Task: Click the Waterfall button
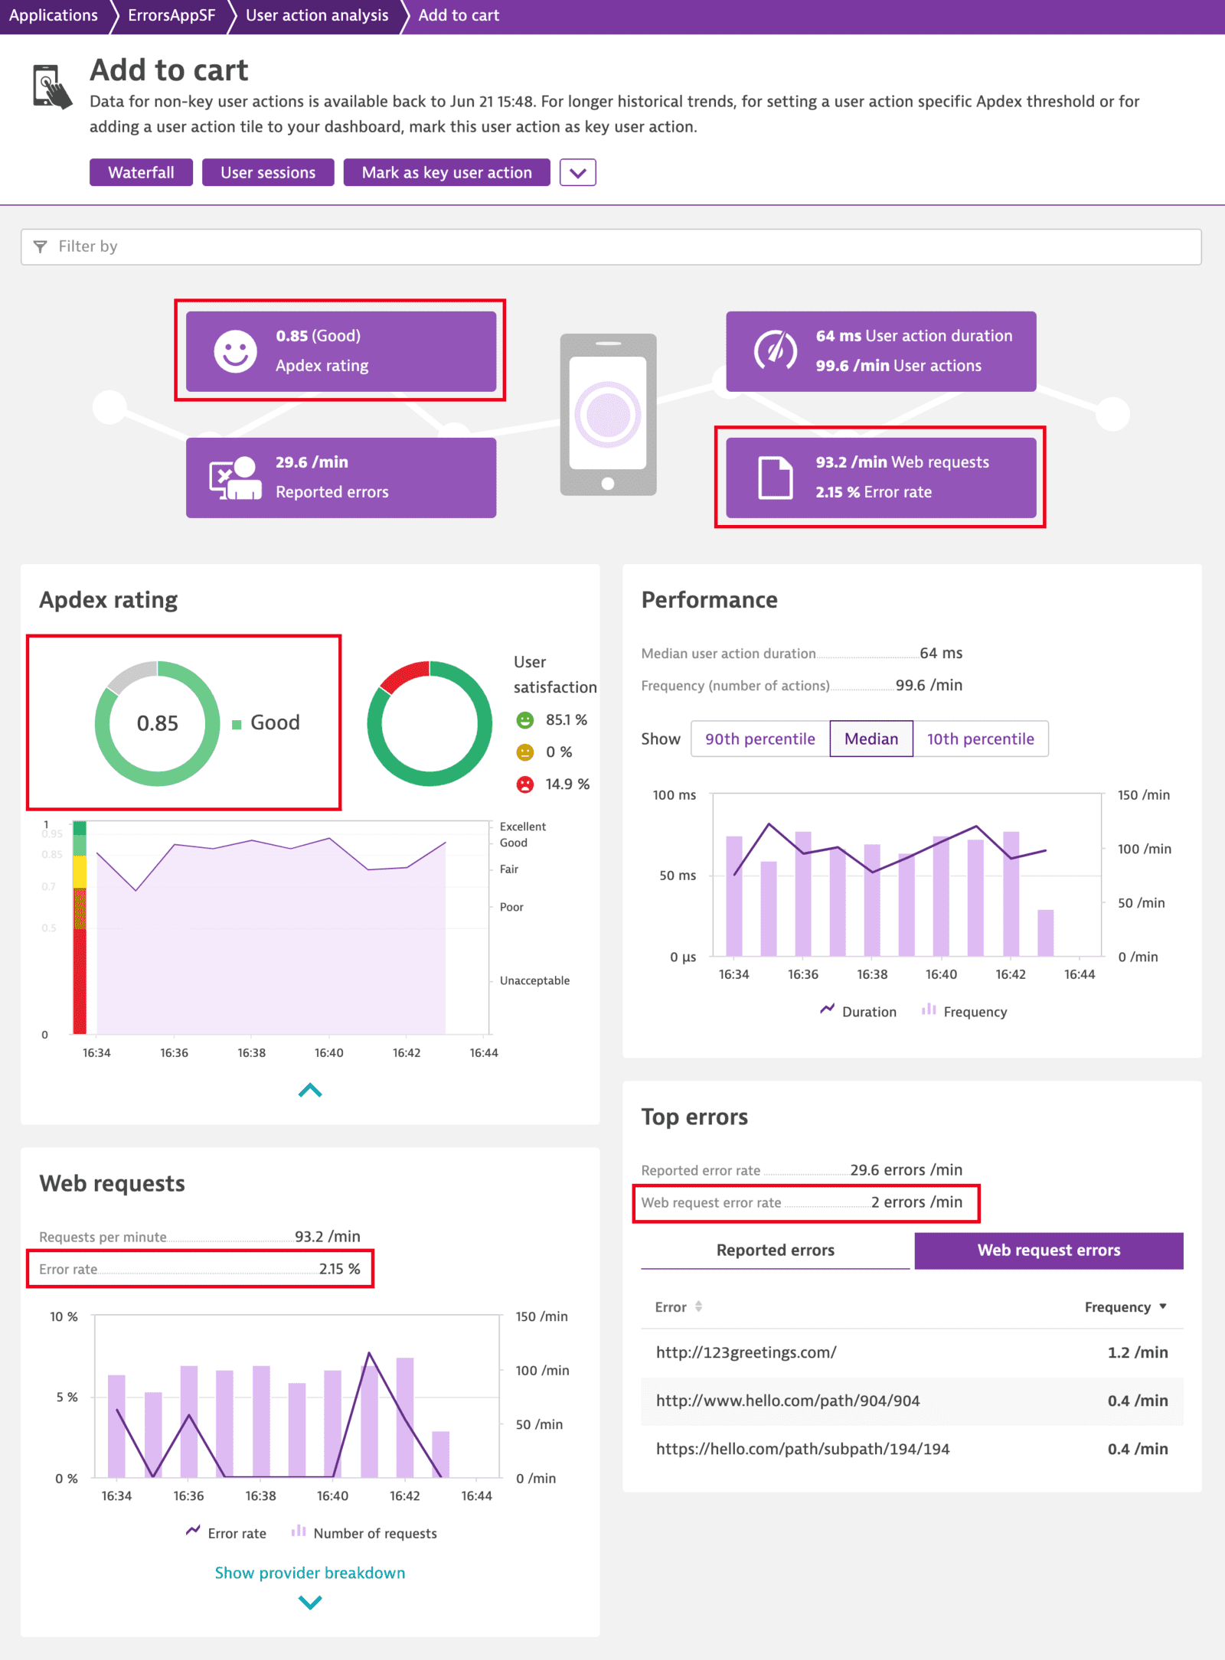141,172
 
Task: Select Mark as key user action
446,172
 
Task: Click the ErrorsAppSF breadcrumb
171,15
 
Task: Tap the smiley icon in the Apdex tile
235,351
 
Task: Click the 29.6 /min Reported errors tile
341,478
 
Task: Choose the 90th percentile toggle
759,739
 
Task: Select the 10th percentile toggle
980,739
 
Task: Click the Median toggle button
871,739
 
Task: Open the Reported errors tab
775,1250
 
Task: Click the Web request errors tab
1048,1250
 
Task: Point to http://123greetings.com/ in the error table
746,1352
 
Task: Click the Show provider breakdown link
310,1573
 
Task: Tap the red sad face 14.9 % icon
525,784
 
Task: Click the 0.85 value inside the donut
157,723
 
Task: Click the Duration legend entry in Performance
858,1012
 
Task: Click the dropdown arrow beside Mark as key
577,172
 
